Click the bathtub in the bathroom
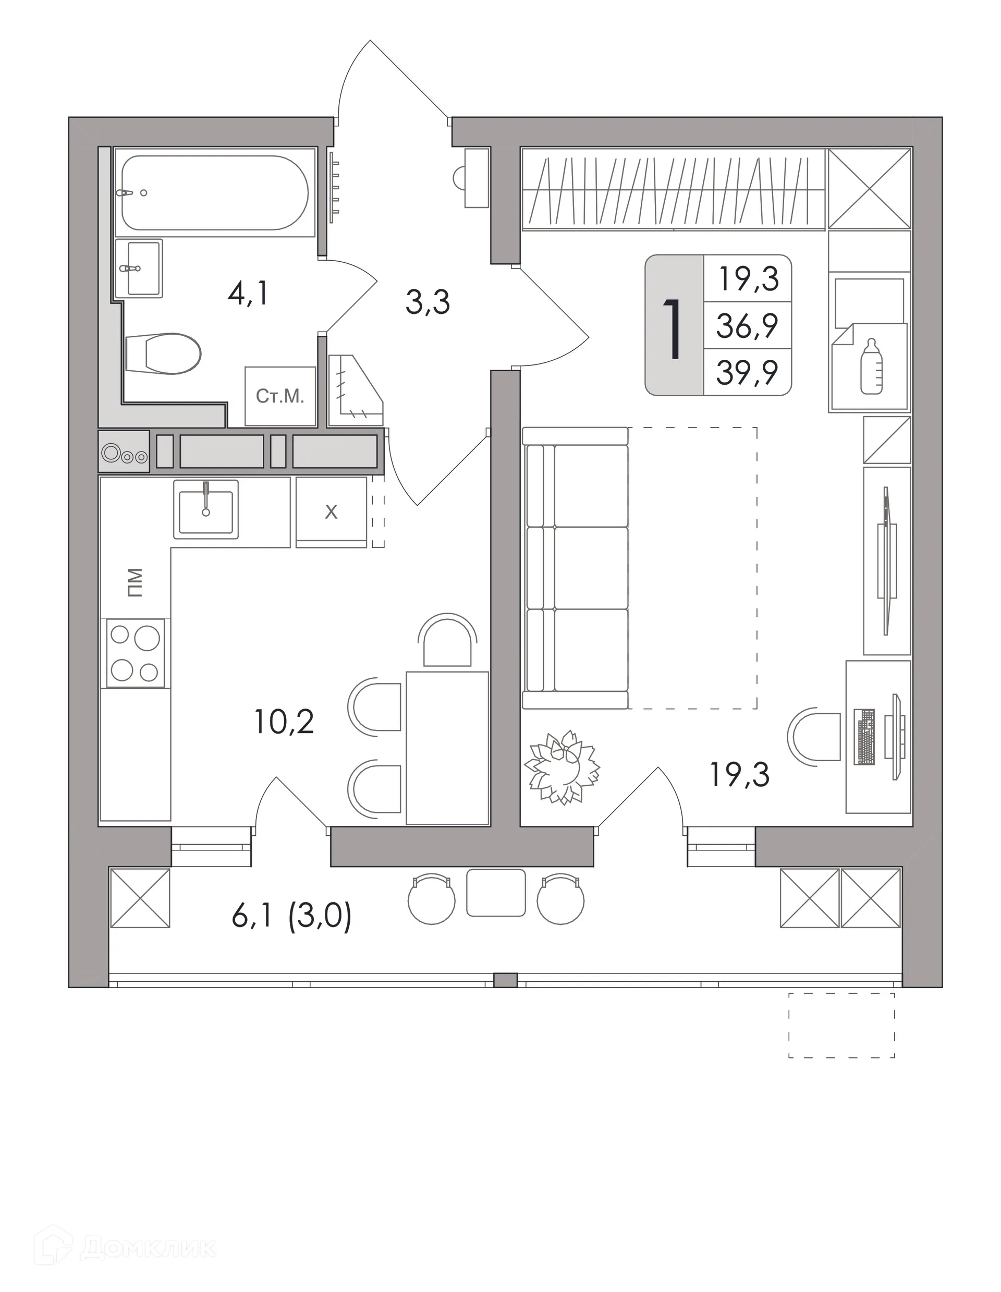click(x=214, y=192)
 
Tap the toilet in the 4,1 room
click(x=164, y=353)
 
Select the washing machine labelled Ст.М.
click(x=280, y=396)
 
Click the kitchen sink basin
click(x=206, y=509)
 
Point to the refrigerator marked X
click(x=331, y=511)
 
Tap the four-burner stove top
click(x=136, y=653)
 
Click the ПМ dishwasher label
click(x=136, y=583)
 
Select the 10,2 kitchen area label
click(x=284, y=722)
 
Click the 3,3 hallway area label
click(x=428, y=302)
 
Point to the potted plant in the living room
click(x=562, y=767)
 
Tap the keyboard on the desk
click(x=865, y=737)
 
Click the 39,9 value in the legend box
click(x=747, y=373)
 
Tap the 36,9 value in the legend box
click(x=747, y=325)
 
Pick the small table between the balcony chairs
click(x=496, y=893)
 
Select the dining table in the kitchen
click(x=447, y=748)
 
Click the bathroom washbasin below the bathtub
click(x=139, y=268)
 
